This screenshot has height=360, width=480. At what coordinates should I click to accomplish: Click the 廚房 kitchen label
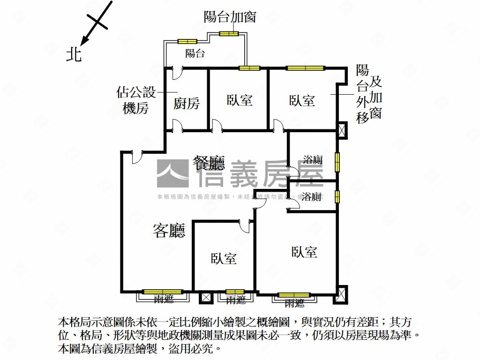coord(187,103)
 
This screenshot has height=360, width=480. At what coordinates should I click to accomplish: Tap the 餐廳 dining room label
coord(209,163)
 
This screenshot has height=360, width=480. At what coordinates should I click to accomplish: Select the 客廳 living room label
coord(169,230)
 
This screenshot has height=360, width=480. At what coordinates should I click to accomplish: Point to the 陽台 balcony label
coord(195,53)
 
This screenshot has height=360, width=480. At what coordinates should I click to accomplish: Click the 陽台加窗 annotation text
coord(230,17)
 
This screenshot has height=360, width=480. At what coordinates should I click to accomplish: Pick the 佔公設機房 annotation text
coord(135,100)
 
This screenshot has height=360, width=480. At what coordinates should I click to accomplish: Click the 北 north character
coord(74,54)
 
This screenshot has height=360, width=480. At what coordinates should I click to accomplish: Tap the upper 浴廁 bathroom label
coord(312,159)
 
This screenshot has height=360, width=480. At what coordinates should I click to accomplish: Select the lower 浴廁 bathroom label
coord(312,196)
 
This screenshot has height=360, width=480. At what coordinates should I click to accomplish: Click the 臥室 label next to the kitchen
coord(240,100)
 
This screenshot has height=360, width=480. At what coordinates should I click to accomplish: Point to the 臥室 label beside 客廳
coord(224,258)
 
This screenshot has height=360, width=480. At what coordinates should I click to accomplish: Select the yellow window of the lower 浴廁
coord(337,196)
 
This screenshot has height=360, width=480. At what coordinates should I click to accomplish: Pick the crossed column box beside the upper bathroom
coord(342,129)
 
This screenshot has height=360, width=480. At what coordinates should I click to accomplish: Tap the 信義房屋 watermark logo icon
coord(172,173)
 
